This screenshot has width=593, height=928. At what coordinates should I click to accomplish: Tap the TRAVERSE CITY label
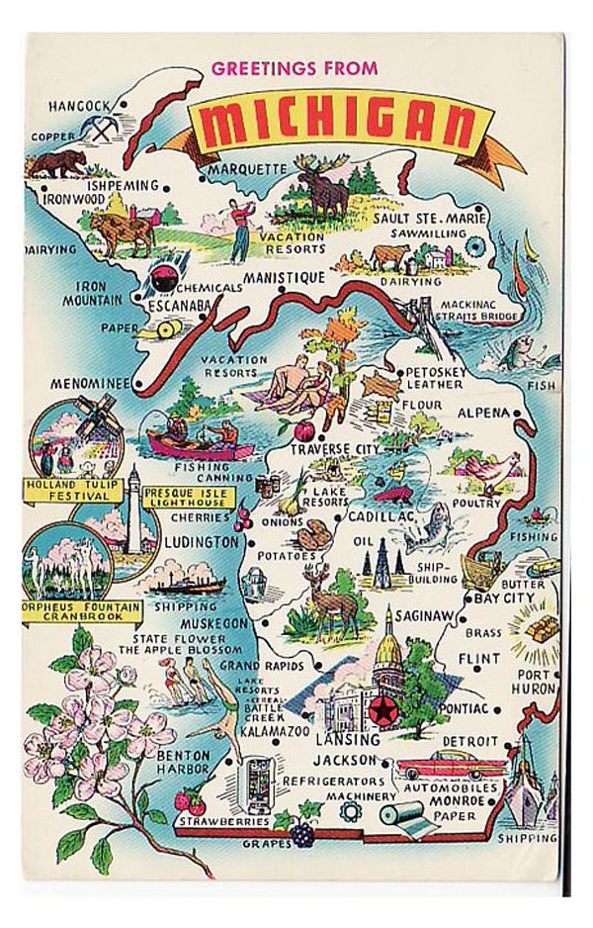tap(334, 450)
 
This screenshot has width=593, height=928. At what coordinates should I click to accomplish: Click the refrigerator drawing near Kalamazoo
tap(259, 779)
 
